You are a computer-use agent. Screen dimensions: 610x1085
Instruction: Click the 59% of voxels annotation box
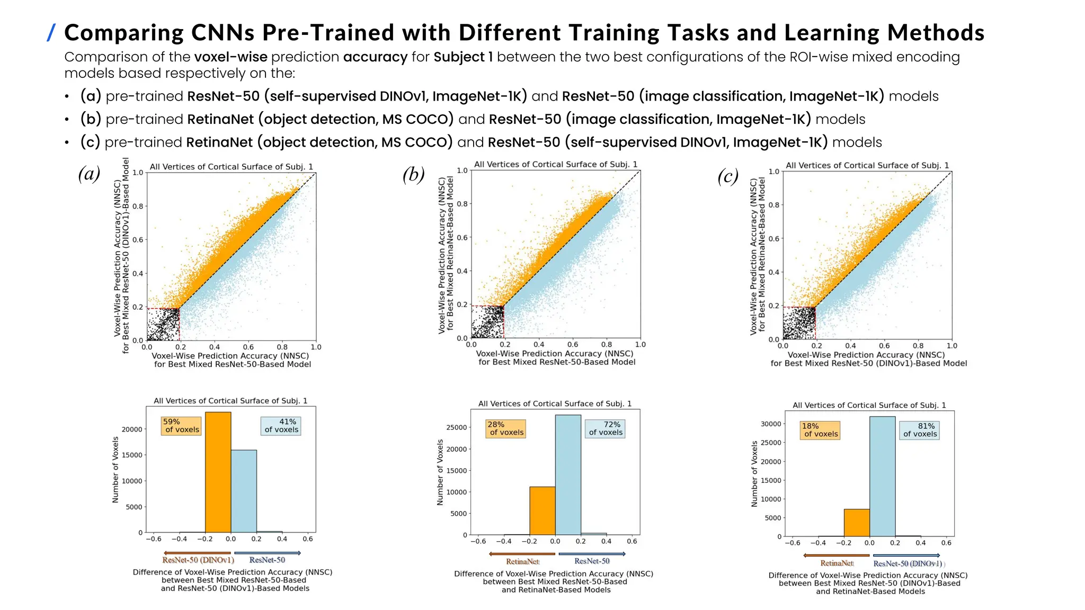click(x=181, y=426)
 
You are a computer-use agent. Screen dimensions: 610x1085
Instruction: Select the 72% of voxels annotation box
click(x=605, y=428)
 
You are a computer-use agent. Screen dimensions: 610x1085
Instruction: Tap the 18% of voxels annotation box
click(x=820, y=430)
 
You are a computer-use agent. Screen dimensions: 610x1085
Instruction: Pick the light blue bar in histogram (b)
click(x=568, y=474)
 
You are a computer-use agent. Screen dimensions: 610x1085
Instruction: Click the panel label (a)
click(x=89, y=174)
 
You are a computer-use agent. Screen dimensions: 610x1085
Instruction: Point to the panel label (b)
click(x=413, y=174)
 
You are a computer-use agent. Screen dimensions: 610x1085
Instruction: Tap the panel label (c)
click(x=728, y=176)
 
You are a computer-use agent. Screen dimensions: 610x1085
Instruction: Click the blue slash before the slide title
click(x=51, y=33)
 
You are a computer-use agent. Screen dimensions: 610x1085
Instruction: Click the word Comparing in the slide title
click(x=124, y=33)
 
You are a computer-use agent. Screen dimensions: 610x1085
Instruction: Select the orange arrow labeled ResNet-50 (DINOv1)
click(x=197, y=553)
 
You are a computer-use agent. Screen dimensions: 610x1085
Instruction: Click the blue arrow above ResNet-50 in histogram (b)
click(x=592, y=554)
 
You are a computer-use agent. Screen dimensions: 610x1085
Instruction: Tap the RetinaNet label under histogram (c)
click(x=837, y=563)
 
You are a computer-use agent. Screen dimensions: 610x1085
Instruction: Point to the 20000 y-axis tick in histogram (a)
click(x=132, y=429)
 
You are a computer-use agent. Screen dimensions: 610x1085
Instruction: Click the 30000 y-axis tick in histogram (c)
click(x=771, y=424)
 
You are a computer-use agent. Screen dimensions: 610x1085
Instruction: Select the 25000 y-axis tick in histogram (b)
click(x=457, y=427)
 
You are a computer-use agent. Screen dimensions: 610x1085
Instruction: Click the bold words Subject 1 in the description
click(x=463, y=57)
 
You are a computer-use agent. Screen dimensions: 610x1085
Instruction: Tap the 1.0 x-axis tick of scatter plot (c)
click(x=951, y=346)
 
